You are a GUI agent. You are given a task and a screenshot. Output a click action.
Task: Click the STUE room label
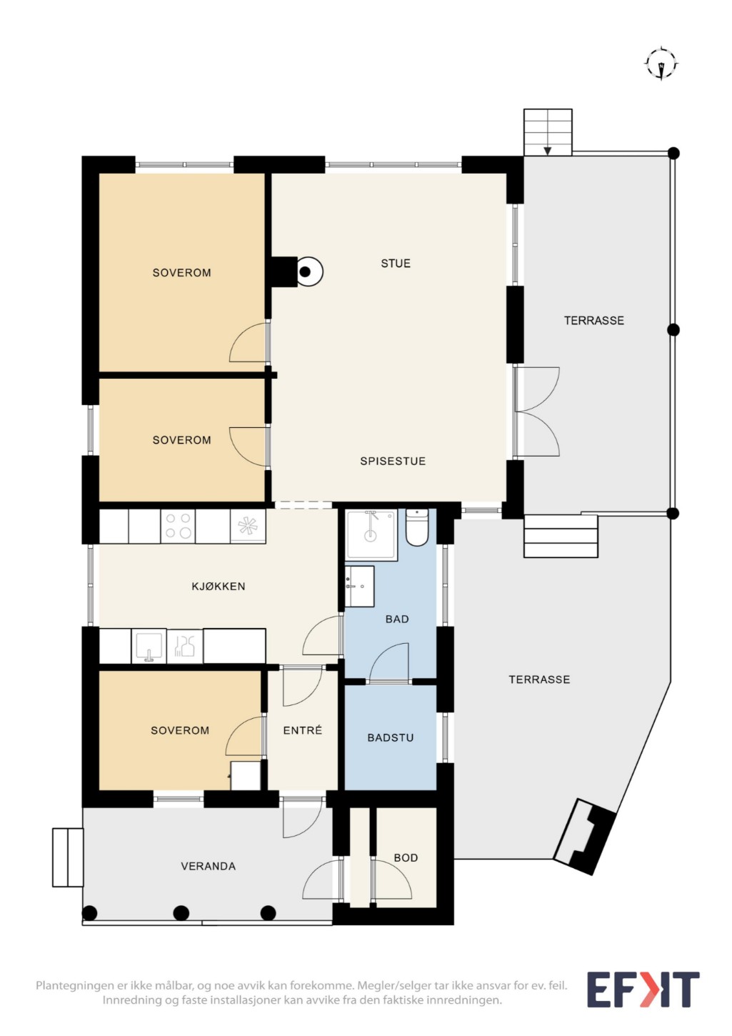(x=396, y=263)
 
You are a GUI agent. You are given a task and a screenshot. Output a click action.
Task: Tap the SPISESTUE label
(x=393, y=461)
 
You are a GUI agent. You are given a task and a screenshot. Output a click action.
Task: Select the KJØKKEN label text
(x=219, y=586)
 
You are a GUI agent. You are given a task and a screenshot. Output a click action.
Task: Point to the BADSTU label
(x=390, y=737)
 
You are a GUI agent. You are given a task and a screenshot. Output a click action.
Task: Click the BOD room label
(x=406, y=857)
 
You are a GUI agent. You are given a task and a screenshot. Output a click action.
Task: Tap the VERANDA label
(x=208, y=866)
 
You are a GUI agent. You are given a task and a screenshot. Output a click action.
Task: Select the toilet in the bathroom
(x=417, y=528)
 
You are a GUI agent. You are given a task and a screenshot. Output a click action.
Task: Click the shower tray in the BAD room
(x=371, y=535)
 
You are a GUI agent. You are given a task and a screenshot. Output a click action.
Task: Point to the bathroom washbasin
(x=359, y=587)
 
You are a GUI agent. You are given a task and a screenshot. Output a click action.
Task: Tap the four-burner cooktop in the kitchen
(x=178, y=527)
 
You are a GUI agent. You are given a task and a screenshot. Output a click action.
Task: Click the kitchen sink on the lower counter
(x=149, y=646)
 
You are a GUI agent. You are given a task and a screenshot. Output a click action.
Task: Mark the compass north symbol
(x=662, y=64)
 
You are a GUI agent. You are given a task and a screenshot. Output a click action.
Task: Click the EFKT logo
(x=643, y=990)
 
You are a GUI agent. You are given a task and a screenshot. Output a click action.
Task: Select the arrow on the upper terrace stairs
(x=547, y=151)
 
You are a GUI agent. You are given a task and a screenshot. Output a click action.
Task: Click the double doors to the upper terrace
(x=536, y=412)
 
